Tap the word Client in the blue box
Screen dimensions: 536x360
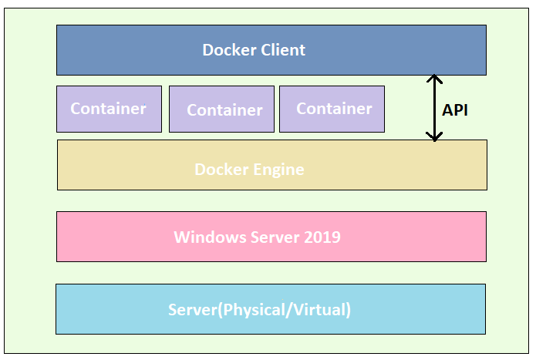pos(283,50)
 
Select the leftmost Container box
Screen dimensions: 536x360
pos(109,109)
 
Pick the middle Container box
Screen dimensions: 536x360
pos(221,109)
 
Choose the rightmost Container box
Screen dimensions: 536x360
pos(332,109)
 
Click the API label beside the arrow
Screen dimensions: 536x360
pos(455,110)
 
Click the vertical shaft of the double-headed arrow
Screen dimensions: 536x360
pos(434,108)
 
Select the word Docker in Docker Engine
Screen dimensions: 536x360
pos(221,170)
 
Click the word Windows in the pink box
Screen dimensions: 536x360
pos(210,237)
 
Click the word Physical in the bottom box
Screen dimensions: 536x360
pos(255,310)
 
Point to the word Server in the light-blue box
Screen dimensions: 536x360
pos(193,309)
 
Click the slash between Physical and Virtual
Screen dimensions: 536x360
pos(289,310)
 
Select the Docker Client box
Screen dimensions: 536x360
pos(271,50)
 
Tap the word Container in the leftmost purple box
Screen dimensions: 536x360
pos(109,109)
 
